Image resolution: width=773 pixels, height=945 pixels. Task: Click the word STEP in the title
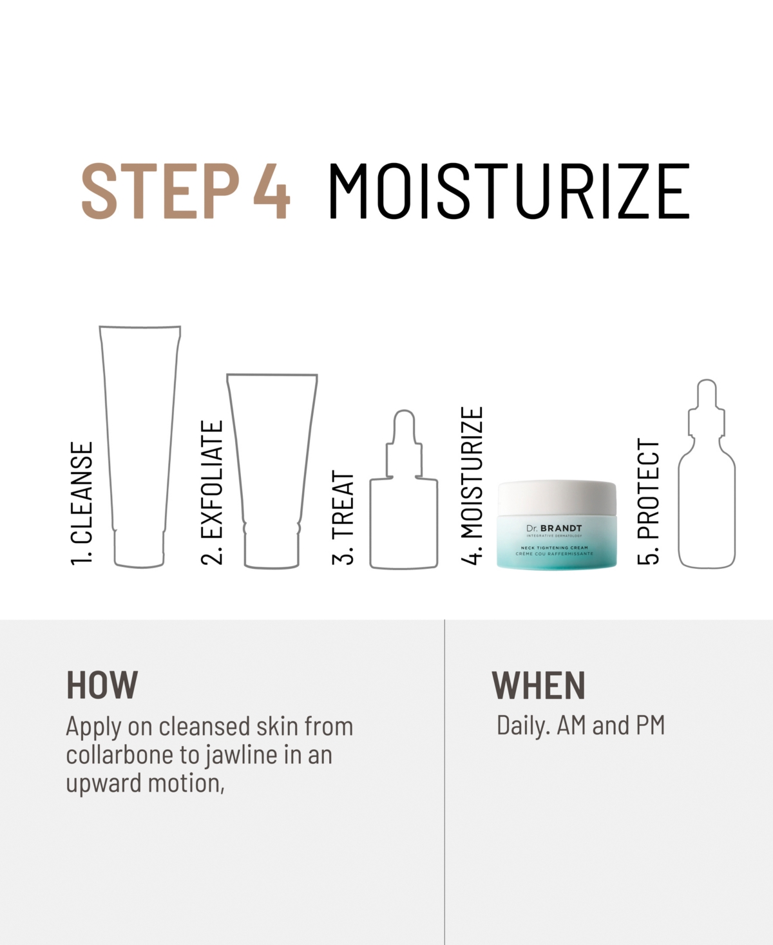pos(160,191)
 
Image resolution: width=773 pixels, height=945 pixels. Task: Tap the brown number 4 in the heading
pos(272,191)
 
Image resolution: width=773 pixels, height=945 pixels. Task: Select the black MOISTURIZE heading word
pos(509,191)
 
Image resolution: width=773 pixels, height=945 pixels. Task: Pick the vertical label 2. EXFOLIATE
pos(212,492)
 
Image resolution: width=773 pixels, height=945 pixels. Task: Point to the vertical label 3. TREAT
pos(343,517)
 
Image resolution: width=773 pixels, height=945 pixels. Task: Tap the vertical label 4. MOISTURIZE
pos(472,486)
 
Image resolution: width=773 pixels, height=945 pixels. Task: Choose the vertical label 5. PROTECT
pos(649,501)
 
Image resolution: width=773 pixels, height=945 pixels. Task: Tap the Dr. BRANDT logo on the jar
pos(555,528)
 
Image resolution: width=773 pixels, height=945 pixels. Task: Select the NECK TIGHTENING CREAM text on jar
pos(555,548)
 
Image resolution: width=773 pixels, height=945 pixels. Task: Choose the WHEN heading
pos(538,685)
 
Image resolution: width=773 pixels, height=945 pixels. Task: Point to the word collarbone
pos(120,754)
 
